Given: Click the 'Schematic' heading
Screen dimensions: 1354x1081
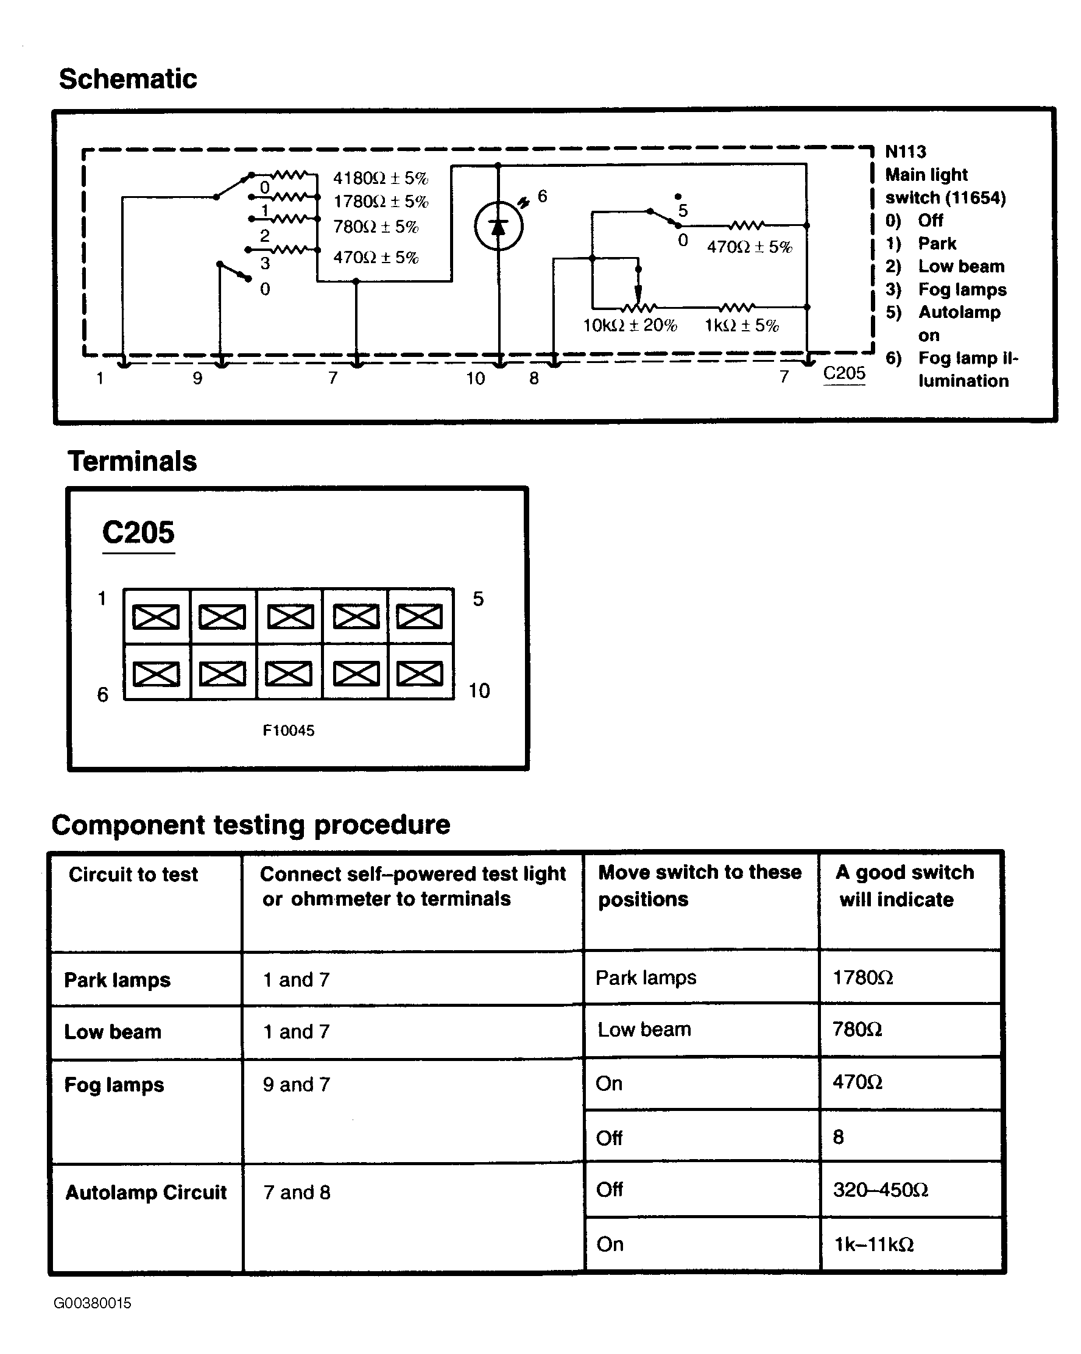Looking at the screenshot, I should (x=127, y=79).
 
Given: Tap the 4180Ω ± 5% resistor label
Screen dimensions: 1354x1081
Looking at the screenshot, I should (x=381, y=178).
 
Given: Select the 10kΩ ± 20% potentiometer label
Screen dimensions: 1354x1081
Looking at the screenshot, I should (x=630, y=325).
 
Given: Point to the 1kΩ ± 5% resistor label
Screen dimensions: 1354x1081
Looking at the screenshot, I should (x=741, y=325).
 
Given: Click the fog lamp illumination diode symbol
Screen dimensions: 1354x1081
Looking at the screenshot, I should (x=498, y=227).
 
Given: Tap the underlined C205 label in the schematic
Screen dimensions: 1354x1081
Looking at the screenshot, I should (x=843, y=373).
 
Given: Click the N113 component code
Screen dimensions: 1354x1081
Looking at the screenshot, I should (x=905, y=152).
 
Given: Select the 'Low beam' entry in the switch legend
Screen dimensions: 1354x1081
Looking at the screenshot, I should (x=960, y=266).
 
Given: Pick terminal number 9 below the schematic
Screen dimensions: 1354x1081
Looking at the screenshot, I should (x=198, y=378).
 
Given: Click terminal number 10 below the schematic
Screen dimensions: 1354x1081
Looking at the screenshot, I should (x=475, y=378).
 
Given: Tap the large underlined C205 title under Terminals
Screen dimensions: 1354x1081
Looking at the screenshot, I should (x=138, y=532).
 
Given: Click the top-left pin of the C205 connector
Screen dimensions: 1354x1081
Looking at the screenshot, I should (x=157, y=617).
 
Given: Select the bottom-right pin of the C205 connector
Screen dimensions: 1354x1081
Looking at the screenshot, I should (x=420, y=674).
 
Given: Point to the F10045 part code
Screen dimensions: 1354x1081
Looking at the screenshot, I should (x=288, y=730).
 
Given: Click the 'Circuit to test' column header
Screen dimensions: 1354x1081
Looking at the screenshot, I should (x=133, y=874).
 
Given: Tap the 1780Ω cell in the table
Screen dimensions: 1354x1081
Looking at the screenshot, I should (x=862, y=978).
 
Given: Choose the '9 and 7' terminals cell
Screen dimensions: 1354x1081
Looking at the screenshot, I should (x=297, y=1085).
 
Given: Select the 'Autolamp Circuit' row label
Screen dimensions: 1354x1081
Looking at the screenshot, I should (x=146, y=1192).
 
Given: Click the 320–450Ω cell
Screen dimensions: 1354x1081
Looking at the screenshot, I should (x=880, y=1190).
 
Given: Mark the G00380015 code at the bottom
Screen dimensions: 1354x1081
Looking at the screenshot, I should (x=93, y=1303).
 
